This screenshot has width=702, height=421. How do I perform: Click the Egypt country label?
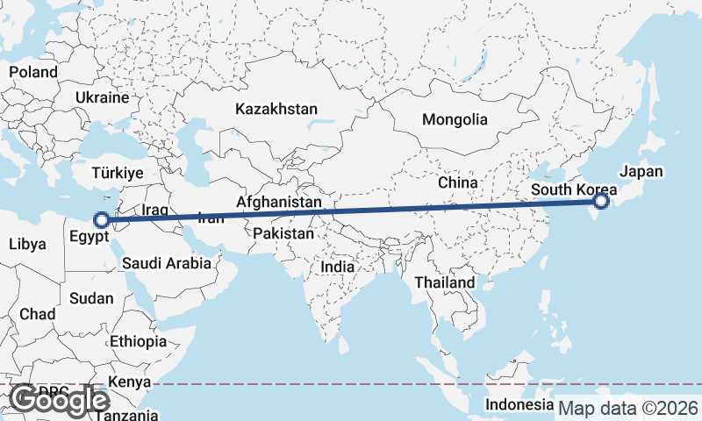(x=90, y=237)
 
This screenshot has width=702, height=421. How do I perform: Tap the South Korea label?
(x=574, y=189)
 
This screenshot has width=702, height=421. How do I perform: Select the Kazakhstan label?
(x=276, y=110)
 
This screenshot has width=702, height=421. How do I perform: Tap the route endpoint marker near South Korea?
(x=601, y=202)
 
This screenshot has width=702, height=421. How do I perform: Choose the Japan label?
(x=641, y=172)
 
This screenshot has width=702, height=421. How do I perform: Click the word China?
(x=457, y=182)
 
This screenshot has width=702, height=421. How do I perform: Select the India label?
(x=338, y=267)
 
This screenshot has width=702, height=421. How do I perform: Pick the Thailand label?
(x=445, y=282)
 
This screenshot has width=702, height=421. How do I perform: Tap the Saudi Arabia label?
(x=167, y=262)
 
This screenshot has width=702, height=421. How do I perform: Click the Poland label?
(x=33, y=72)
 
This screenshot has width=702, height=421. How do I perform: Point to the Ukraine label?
(x=103, y=97)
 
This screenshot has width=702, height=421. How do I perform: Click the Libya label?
(x=27, y=245)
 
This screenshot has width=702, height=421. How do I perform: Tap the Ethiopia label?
(x=139, y=341)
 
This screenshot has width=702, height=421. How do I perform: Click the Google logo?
(x=58, y=400)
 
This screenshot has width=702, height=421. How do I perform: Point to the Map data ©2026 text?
(x=628, y=408)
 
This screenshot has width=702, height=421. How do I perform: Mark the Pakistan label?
(x=283, y=234)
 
